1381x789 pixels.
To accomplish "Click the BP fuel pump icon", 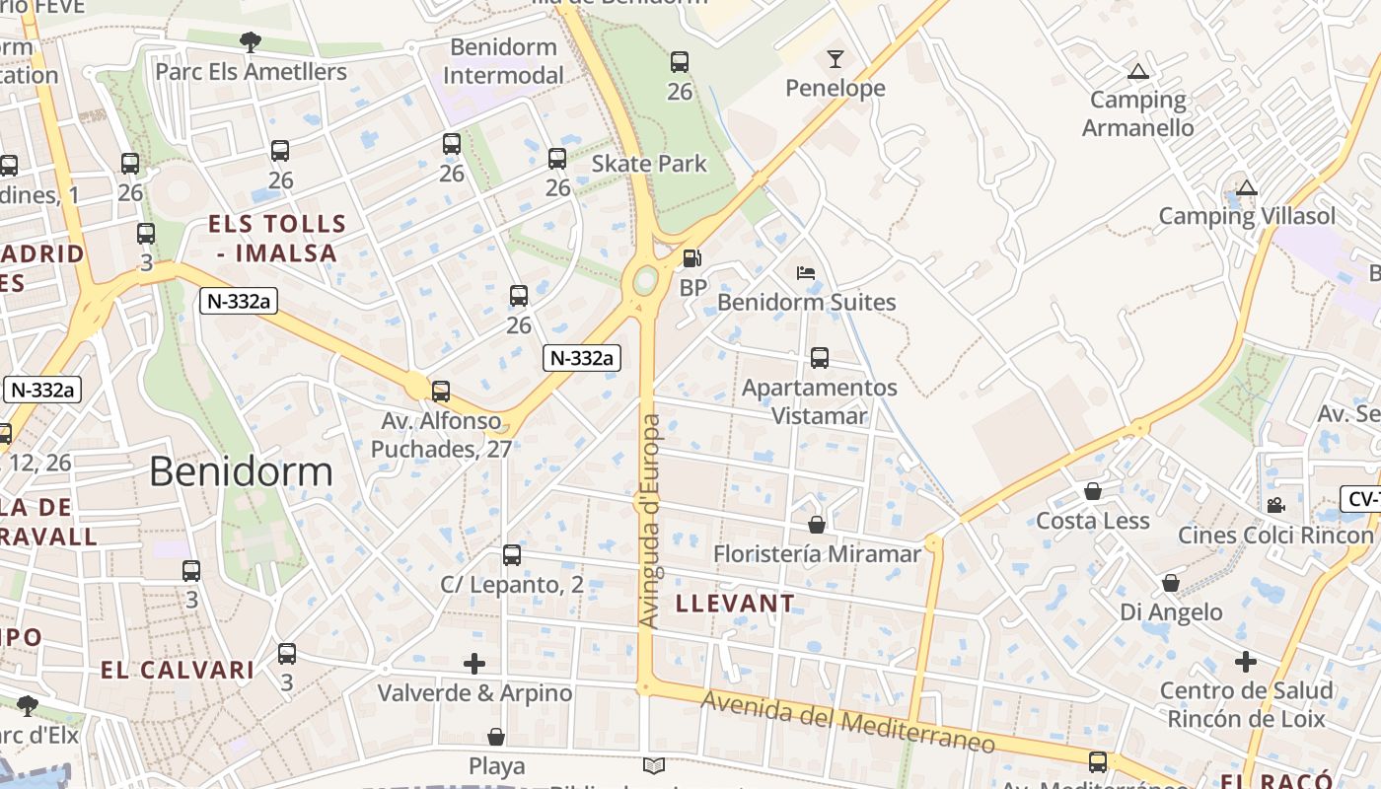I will pyautogui.click(x=692, y=259).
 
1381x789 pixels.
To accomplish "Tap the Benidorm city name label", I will pyautogui.click(x=241, y=472).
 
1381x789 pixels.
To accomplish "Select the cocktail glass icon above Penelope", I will pyautogui.click(x=836, y=59).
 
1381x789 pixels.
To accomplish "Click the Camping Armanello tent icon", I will pyautogui.click(x=1138, y=71).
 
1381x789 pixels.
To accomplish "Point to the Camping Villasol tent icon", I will pyautogui.click(x=1247, y=187).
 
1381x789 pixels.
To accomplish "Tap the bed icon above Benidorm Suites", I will pyautogui.click(x=806, y=273).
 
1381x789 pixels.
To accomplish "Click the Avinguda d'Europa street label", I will pyautogui.click(x=650, y=521).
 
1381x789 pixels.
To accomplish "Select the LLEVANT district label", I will pyautogui.click(x=735, y=604).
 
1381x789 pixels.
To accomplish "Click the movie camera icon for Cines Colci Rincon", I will pyautogui.click(x=1275, y=505).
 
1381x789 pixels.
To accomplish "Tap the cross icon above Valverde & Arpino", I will pyautogui.click(x=474, y=663).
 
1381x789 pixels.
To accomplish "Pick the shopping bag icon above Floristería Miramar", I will pyautogui.click(x=817, y=525).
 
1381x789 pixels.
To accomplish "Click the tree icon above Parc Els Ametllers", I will pyautogui.click(x=251, y=41).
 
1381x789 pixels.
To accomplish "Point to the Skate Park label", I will pyautogui.click(x=649, y=164).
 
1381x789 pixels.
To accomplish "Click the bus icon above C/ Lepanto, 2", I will pyautogui.click(x=511, y=554).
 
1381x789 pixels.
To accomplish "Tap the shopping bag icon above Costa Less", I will pyautogui.click(x=1093, y=491).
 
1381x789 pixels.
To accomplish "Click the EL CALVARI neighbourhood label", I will pyautogui.click(x=178, y=671).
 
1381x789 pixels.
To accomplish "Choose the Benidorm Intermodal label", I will pyautogui.click(x=503, y=61).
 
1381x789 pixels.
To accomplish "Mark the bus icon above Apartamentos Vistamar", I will pyautogui.click(x=819, y=358).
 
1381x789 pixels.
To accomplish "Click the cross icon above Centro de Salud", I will pyautogui.click(x=1246, y=661).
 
